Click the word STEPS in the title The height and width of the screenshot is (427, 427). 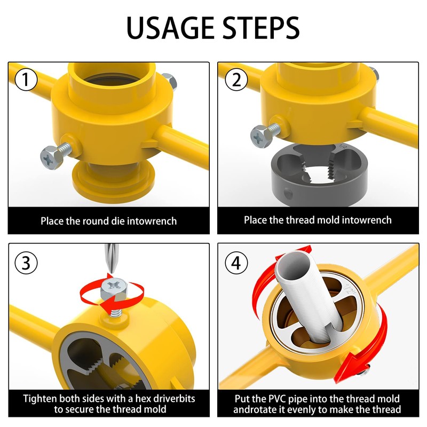[260, 28]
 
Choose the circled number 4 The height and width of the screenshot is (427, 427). [235, 263]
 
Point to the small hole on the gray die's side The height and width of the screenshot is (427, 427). [289, 194]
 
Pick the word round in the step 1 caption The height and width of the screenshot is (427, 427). [103, 220]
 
